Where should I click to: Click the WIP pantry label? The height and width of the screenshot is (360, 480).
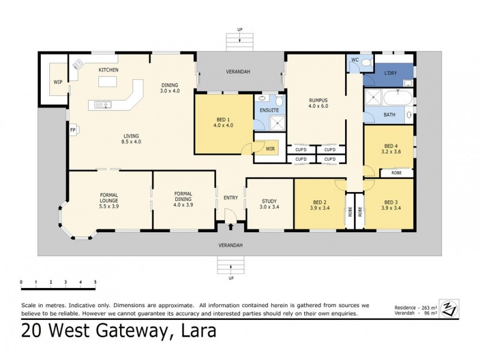(58, 82)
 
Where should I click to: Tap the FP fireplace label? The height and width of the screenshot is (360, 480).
(73, 129)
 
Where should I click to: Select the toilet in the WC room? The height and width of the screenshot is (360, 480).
(367, 62)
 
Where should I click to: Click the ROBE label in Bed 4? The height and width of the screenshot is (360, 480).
(397, 173)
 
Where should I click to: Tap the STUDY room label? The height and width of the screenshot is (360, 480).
(269, 202)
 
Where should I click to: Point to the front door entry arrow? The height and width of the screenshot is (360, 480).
(231, 226)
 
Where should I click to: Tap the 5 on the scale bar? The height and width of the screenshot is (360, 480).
(95, 281)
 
